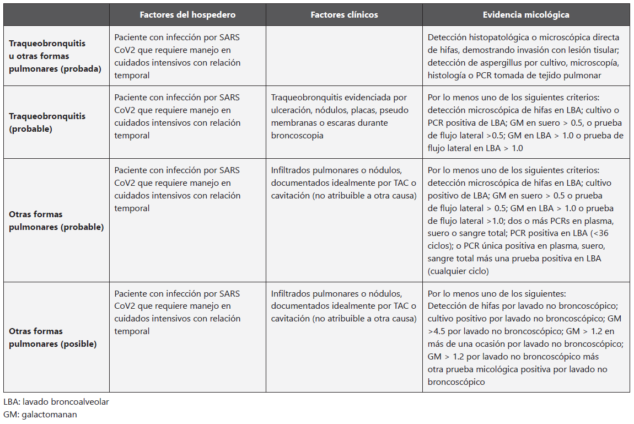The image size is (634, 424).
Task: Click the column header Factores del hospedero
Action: pos(187,15)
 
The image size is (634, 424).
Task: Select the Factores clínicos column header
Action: pos(344,15)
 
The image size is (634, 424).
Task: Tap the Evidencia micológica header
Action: pos(526,15)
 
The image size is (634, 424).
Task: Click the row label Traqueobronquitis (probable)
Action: pos(47,122)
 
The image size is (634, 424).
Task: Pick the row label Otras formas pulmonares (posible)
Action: pos(53,337)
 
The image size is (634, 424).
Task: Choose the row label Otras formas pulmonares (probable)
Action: pos(56,221)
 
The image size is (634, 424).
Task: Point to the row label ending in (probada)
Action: pos(55,56)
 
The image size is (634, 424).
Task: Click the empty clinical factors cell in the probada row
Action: pos(344,56)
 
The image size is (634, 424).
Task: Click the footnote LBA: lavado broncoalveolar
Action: pos(56,402)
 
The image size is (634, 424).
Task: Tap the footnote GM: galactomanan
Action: pos(40,414)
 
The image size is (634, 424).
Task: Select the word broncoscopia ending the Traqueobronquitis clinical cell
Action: pos(297,136)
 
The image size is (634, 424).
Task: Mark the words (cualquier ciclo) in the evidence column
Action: pos(458,271)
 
